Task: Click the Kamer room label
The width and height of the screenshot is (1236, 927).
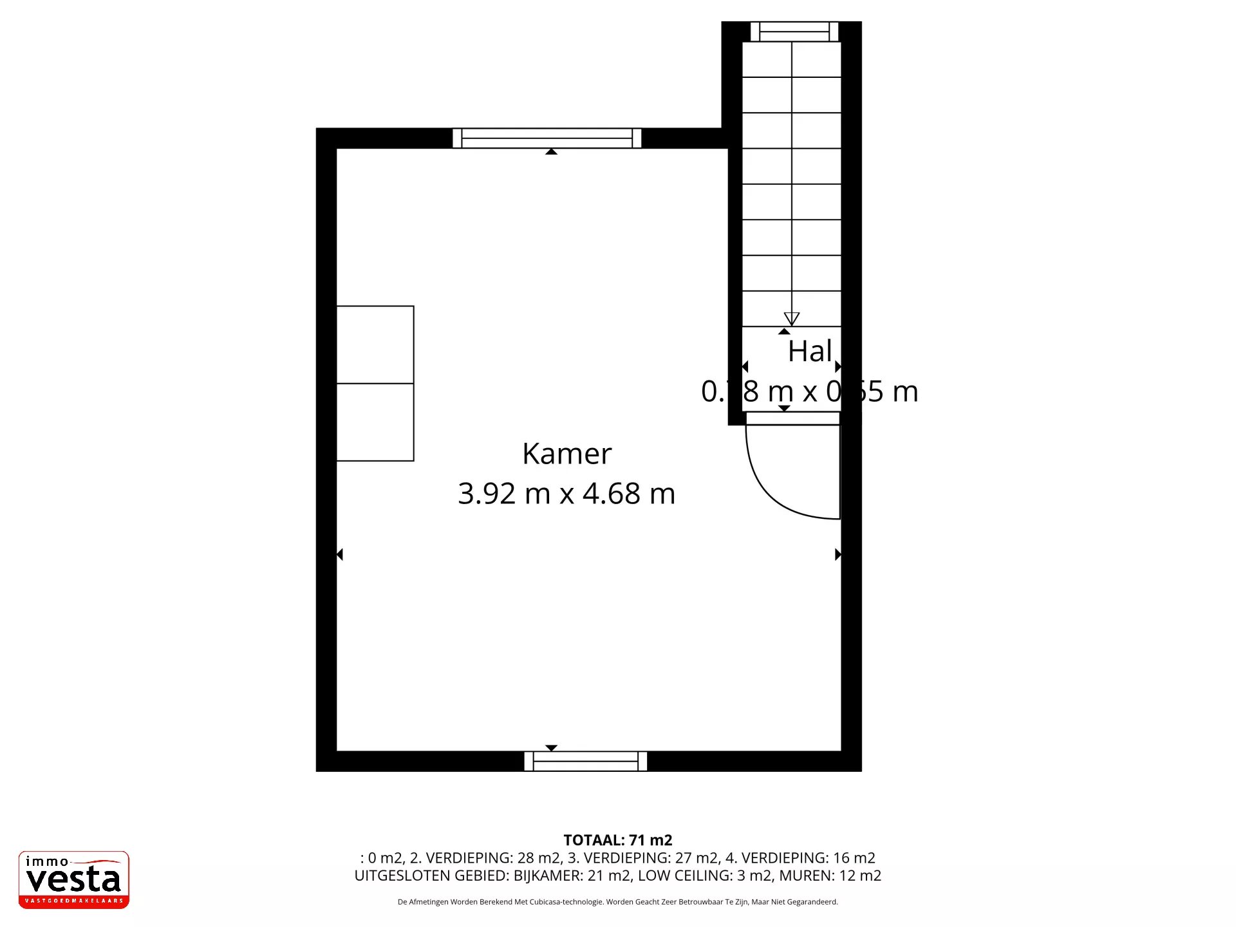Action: [x=566, y=454]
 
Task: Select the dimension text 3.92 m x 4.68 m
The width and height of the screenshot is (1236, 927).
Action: [x=566, y=494]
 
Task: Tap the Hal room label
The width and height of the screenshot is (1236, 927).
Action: [x=809, y=351]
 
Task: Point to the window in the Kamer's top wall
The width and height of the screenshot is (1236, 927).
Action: [x=547, y=138]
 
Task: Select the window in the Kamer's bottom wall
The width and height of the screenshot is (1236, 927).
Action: [x=585, y=761]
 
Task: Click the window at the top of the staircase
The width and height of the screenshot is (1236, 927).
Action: [x=794, y=32]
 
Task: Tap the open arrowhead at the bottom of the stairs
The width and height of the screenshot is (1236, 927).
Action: [x=791, y=319]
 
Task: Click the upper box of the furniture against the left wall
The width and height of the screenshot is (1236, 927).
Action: [x=375, y=344]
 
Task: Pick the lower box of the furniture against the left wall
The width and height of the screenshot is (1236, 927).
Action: [x=375, y=422]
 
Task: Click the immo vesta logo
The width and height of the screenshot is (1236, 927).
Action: [x=73, y=879]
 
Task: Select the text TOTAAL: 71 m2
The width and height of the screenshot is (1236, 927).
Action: [x=617, y=840]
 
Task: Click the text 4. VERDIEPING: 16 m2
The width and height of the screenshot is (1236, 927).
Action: [x=800, y=858]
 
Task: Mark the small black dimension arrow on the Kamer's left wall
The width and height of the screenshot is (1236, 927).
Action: [x=340, y=554]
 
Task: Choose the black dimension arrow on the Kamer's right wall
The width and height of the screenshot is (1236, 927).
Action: [x=838, y=554]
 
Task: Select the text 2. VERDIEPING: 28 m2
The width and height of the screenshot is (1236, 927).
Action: [x=485, y=858]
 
